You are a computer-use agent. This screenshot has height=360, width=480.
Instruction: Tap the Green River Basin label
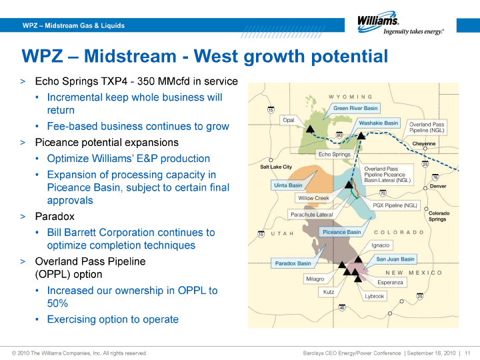pos(355,108)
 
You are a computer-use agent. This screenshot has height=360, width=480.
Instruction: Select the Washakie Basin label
pos(379,123)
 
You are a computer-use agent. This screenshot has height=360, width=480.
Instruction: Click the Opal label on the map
pos(289,120)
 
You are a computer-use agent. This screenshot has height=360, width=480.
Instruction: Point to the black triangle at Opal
pos(311,129)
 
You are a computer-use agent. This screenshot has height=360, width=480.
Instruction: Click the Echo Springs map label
pos(335,154)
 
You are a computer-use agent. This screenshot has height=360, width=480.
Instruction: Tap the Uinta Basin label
pos(288,185)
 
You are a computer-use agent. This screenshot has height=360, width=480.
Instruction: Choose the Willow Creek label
pos(313,198)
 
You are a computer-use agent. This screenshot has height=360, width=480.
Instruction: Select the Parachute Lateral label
pos(311,215)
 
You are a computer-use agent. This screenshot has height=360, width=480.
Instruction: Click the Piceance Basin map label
pos(341,232)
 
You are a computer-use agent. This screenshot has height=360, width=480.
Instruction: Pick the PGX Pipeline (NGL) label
pos(395,205)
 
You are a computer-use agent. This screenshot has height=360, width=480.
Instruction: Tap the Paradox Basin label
pos(293,263)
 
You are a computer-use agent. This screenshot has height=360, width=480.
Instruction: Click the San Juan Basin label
pos(395,259)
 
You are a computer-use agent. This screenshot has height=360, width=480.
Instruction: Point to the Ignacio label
pos(381,245)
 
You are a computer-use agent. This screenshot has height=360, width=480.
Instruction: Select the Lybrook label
pos(374,296)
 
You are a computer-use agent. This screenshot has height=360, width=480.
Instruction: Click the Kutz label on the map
pos(329,292)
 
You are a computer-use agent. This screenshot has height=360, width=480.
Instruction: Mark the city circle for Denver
pos(425,188)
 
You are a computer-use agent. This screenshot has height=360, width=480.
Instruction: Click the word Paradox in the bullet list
pos(55,217)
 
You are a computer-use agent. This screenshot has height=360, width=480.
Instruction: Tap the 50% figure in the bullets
pos(57,303)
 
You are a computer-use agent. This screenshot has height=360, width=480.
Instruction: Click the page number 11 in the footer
pos(467,353)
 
